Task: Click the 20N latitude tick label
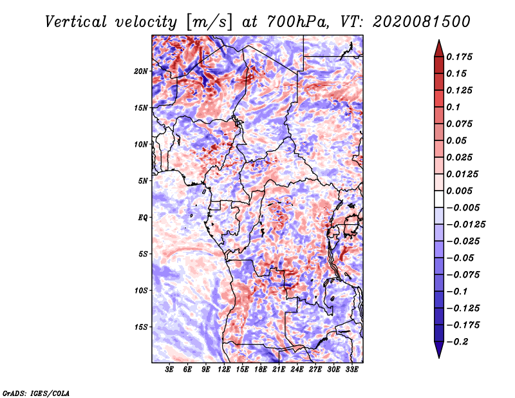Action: [x=140, y=71]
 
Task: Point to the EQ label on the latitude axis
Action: [x=143, y=218]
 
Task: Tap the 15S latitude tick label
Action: [x=140, y=327]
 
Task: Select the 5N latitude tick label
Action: [x=142, y=181]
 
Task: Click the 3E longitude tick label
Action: [x=169, y=370]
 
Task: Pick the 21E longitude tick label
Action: [x=279, y=370]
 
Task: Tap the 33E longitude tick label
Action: [x=351, y=370]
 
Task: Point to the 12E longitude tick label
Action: [x=223, y=370]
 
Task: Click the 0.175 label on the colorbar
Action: [x=459, y=57]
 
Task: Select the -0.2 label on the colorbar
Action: [x=457, y=342]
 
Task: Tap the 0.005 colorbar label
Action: [x=459, y=191]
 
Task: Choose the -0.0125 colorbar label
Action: [x=465, y=225]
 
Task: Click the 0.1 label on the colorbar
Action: [x=453, y=107]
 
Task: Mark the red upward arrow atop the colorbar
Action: [x=439, y=48]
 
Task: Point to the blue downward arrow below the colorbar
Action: [x=439, y=350]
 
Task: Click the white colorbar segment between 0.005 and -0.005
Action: [x=439, y=199]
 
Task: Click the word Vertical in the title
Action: [x=76, y=22]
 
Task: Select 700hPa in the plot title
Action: [x=297, y=22]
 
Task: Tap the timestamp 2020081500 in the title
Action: [x=422, y=22]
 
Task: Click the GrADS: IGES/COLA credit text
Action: [x=36, y=393]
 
